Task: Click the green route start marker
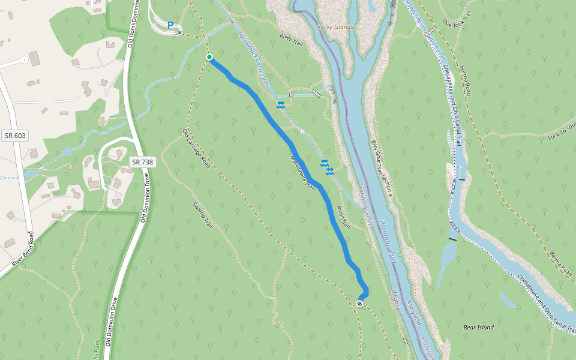tap(209, 57)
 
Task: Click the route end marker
tap(359, 304)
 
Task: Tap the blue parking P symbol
tap(170, 25)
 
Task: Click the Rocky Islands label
tap(335, 27)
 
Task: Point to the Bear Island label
tap(479, 327)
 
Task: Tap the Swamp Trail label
tap(203, 215)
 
